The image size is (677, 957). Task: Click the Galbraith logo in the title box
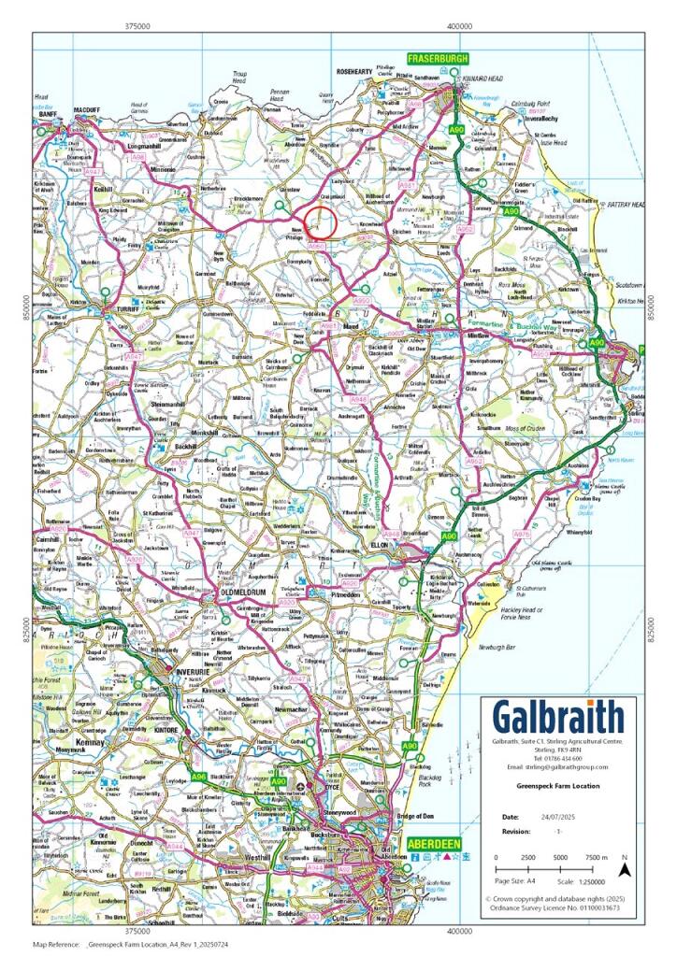click(x=558, y=718)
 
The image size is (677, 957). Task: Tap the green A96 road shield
click(x=198, y=777)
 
